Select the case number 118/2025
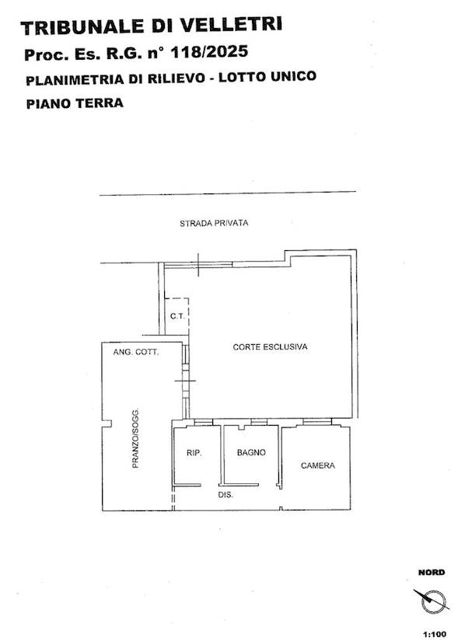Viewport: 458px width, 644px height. point(209,52)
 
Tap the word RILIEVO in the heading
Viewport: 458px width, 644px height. point(177,78)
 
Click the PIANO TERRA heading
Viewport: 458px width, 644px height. point(75,103)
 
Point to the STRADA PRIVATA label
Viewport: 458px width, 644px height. point(214,223)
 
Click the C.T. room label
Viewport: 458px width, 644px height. point(177,316)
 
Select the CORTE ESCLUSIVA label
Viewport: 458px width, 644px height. point(270,346)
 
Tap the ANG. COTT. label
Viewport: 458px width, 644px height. point(136,352)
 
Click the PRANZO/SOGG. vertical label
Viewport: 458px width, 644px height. point(135,439)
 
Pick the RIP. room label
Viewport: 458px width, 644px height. point(194,453)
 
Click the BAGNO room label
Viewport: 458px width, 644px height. point(251,452)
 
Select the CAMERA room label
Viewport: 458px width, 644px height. point(318,465)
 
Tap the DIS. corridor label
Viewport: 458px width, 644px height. point(226,496)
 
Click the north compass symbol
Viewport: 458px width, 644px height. point(432,601)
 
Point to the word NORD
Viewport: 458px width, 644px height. point(432,572)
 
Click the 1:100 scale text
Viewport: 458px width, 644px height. point(434,635)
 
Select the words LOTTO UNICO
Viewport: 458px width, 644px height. point(267,77)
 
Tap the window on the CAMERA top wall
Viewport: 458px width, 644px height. point(317,421)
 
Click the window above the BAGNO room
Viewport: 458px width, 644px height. point(259,422)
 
